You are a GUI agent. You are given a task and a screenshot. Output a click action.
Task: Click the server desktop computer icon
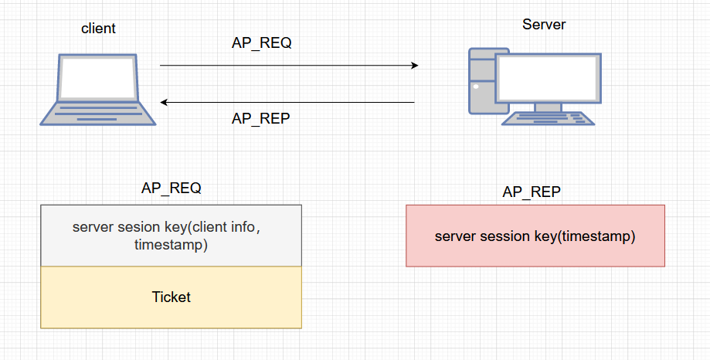(531, 86)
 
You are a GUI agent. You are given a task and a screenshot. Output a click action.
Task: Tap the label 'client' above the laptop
(98, 29)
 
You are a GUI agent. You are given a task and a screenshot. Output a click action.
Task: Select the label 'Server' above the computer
(544, 24)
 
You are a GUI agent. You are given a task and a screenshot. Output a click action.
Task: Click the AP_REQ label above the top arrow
(261, 43)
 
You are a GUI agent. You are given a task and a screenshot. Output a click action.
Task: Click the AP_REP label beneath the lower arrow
(261, 118)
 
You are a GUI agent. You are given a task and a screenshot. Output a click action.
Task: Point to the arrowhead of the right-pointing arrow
(413, 66)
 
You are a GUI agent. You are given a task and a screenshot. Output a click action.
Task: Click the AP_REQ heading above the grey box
(171, 188)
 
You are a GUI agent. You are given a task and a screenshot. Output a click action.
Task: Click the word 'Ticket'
(171, 297)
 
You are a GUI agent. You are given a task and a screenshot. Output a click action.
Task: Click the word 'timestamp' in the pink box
(599, 236)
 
